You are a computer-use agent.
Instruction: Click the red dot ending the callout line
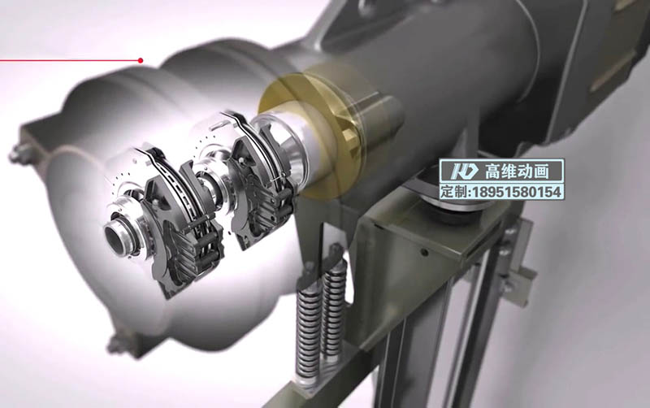pos(141,60)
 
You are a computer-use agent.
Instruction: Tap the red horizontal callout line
pos(70,60)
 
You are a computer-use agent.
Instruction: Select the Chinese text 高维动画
pos(517,171)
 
